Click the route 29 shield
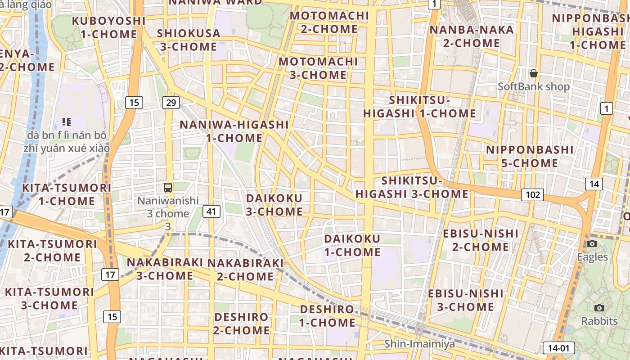(171, 103)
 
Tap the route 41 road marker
(211, 211)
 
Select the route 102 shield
(532, 195)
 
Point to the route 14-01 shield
(559, 348)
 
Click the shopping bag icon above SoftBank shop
(534, 73)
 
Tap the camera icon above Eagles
(592, 244)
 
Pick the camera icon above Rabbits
(599, 308)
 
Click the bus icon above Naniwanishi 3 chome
(168, 188)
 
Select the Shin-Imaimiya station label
(419, 344)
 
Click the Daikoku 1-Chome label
(352, 245)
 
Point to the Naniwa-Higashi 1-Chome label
(234, 131)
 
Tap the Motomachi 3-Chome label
(318, 68)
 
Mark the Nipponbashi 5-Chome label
(530, 156)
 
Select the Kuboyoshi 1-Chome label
(108, 27)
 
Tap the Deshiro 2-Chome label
(242, 324)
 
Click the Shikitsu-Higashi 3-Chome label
(412, 187)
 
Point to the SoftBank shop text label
(534, 86)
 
